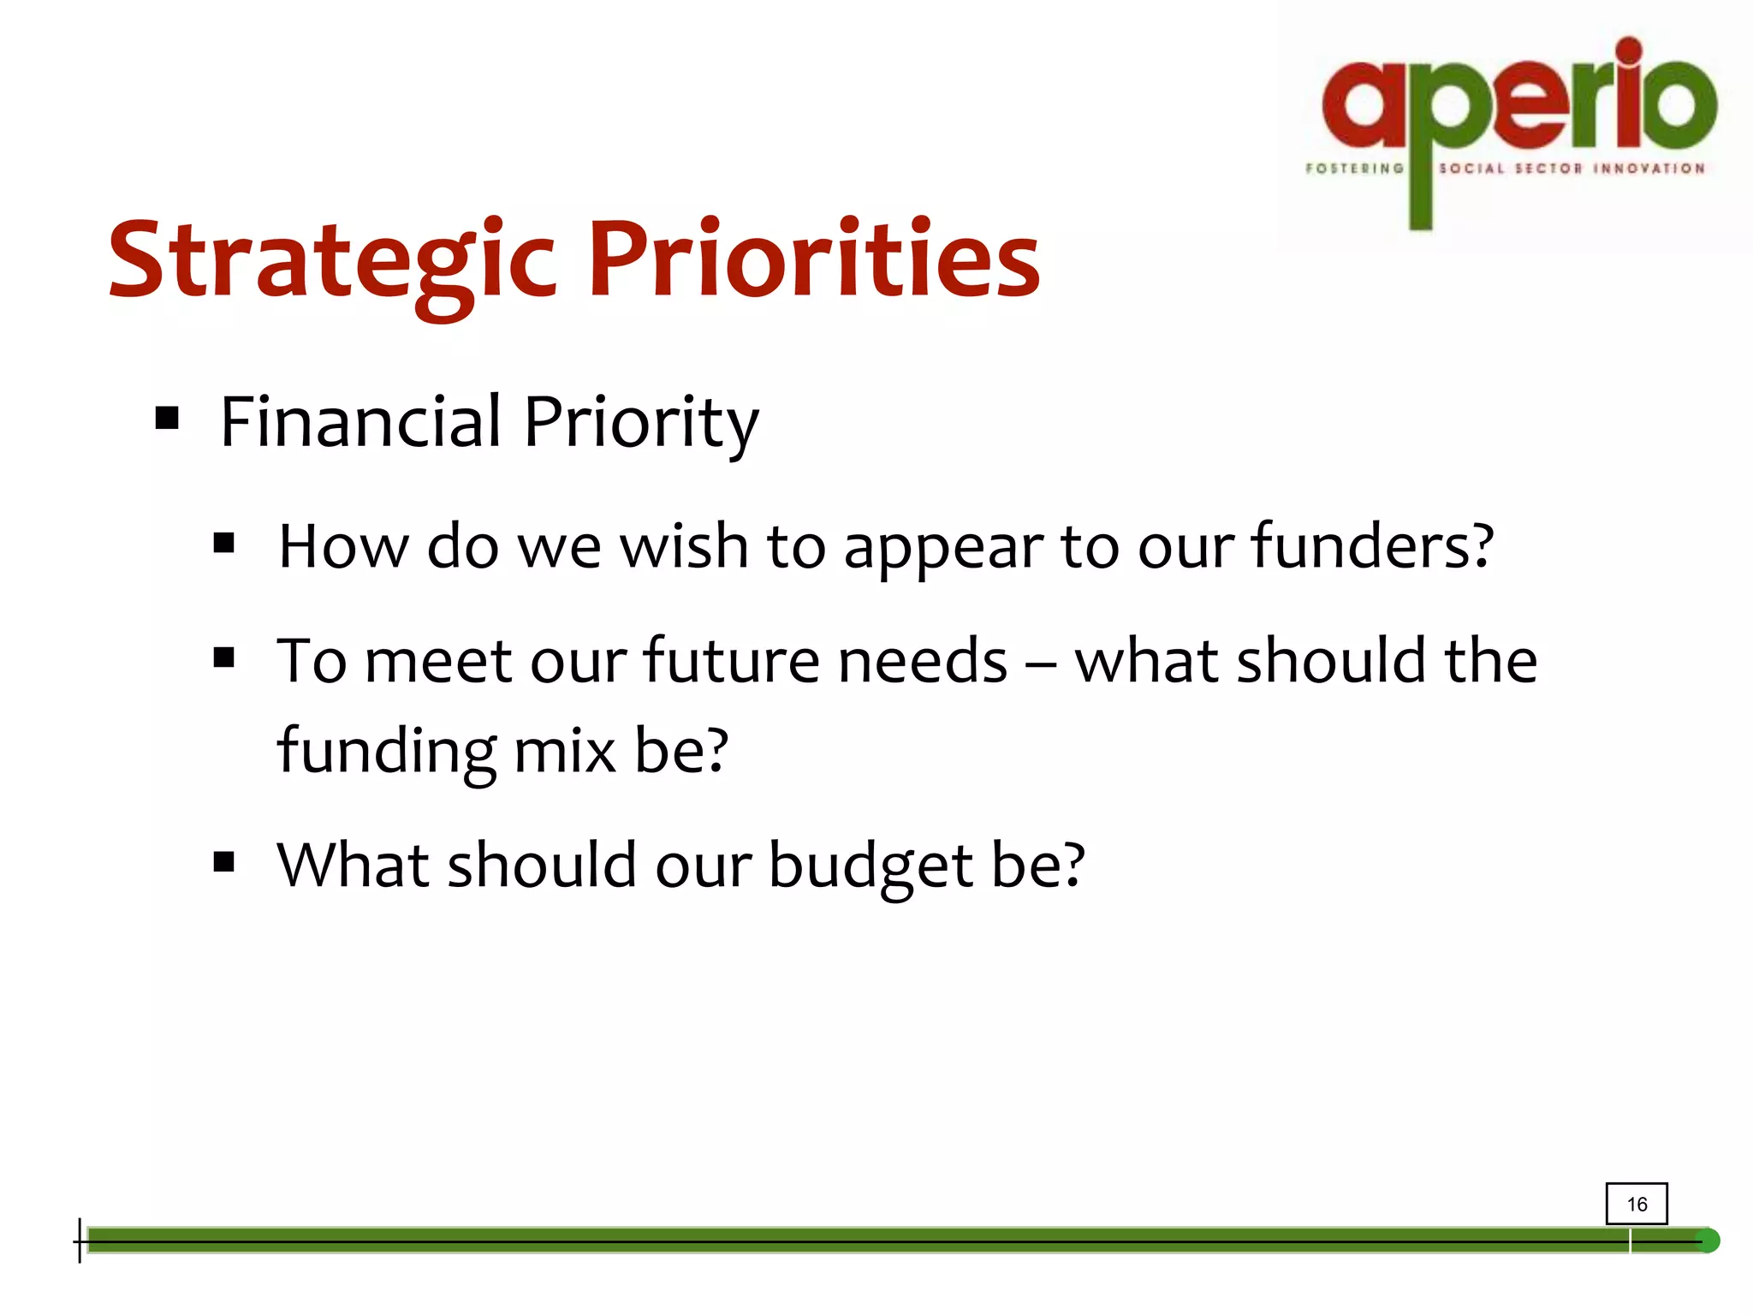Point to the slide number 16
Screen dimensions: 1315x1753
coord(1637,1205)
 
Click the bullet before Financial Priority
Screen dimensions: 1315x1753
coord(168,419)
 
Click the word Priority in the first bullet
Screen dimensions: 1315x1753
coord(640,424)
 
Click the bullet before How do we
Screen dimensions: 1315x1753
coord(224,543)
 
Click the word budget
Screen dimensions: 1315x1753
coord(870,866)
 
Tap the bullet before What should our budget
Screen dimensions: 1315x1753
coord(224,861)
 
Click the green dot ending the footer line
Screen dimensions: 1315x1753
coord(1707,1241)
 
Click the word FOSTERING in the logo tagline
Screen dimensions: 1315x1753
coord(1354,169)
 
